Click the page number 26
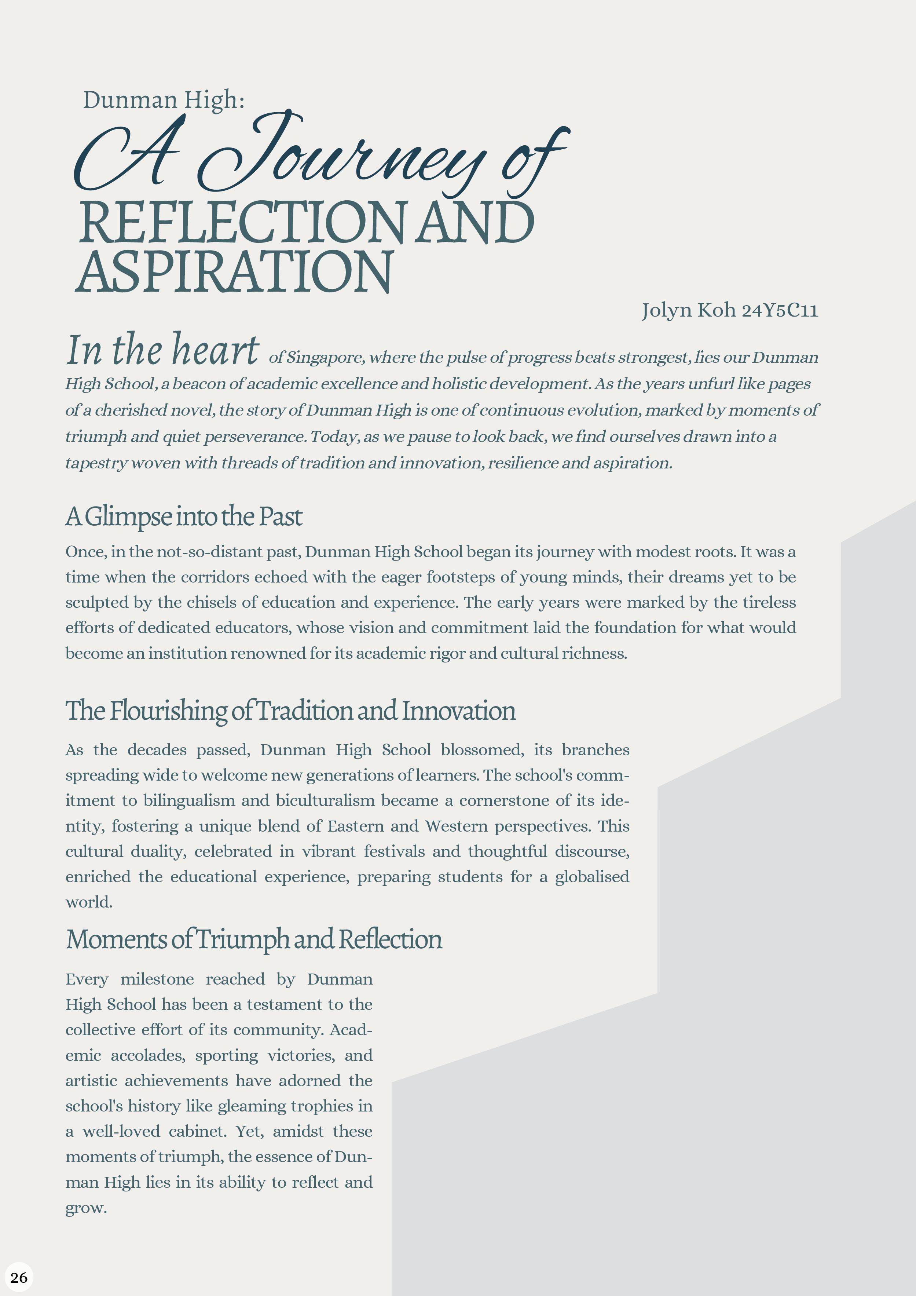pos(19,1277)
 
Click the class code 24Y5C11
pos(780,310)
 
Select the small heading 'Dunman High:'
pos(164,100)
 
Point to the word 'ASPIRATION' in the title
pos(234,272)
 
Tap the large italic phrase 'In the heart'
pos(162,350)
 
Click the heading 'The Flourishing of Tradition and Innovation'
pos(291,711)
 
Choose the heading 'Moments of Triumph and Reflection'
pos(254,939)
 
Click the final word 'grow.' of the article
pos(86,1208)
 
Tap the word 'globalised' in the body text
pos(592,877)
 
